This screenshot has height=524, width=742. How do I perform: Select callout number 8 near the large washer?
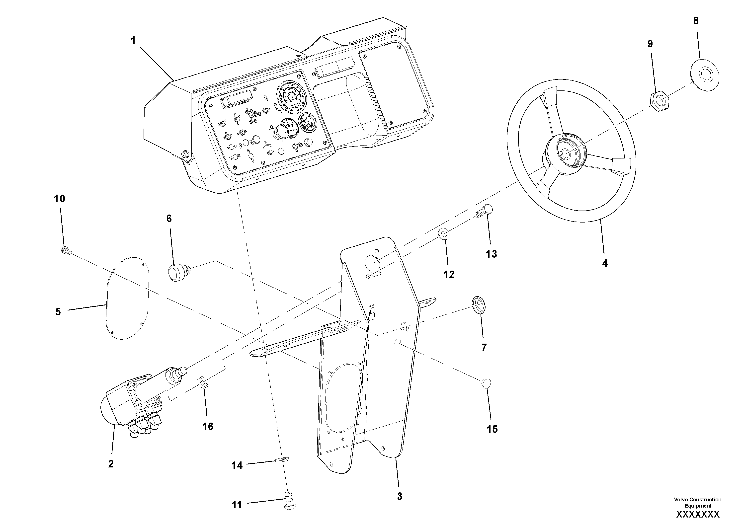pyautogui.click(x=696, y=21)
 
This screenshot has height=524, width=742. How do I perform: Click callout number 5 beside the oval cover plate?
pyautogui.click(x=58, y=312)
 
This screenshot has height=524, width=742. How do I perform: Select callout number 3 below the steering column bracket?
pyautogui.click(x=400, y=496)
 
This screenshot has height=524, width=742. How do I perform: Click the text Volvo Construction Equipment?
pyautogui.click(x=697, y=502)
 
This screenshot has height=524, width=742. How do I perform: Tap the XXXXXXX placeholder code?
pyautogui.click(x=698, y=514)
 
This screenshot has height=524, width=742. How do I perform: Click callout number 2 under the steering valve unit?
pyautogui.click(x=111, y=464)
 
